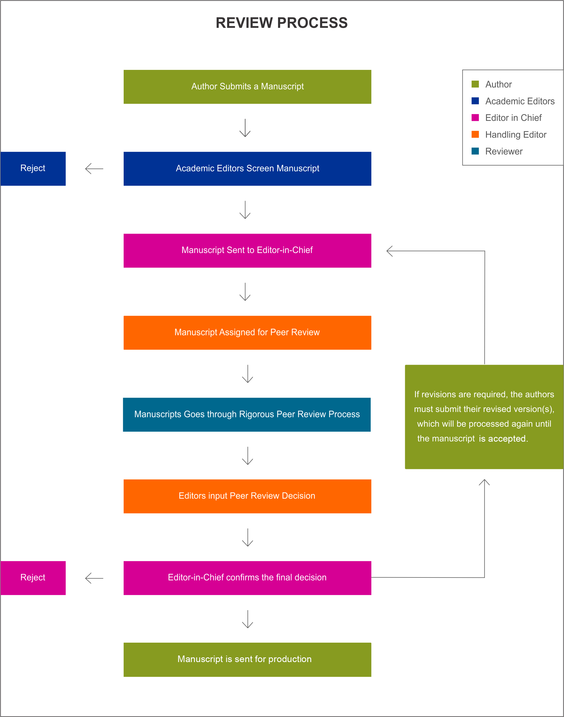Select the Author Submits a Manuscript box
click(247, 86)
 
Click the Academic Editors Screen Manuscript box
click(247, 168)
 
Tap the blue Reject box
click(33, 168)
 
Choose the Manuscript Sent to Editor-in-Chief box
click(247, 250)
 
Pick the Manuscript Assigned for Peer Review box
click(247, 332)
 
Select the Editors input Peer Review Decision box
click(247, 496)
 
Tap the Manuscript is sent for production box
click(247, 659)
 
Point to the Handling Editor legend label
click(515, 135)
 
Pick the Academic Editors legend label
click(520, 101)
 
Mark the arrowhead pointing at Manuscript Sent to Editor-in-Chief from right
click(390, 251)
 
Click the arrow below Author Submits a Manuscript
click(245, 128)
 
